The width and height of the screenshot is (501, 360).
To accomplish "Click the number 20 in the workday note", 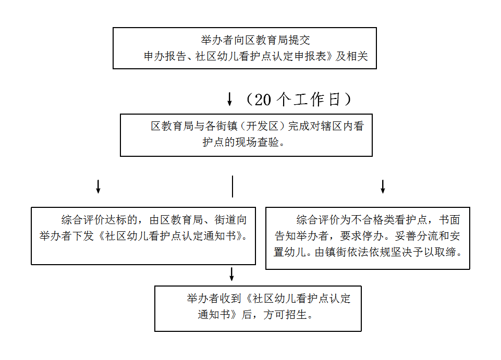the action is click(263, 100).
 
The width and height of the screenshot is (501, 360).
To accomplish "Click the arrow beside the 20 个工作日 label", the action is click(229, 99).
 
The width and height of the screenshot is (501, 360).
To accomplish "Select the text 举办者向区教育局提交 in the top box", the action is click(255, 40).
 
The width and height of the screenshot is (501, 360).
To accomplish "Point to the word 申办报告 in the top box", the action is click(165, 56).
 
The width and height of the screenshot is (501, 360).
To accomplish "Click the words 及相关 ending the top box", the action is click(352, 56).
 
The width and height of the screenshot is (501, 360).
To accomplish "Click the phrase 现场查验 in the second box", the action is click(257, 142).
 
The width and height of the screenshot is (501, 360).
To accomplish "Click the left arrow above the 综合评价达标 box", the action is click(98, 187).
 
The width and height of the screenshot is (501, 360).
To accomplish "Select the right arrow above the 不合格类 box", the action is click(383, 187).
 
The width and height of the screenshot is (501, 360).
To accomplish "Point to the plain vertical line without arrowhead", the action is click(233, 186).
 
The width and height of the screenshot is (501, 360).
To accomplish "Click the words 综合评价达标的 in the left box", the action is click(100, 220).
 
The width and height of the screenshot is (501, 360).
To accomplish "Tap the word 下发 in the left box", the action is click(83, 236).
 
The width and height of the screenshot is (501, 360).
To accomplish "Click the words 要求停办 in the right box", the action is click(362, 236).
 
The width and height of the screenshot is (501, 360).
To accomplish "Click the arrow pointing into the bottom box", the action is click(231, 274).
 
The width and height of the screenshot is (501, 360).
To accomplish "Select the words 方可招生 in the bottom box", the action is click(285, 315).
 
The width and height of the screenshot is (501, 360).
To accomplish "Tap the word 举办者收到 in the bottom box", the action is click(214, 299).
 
